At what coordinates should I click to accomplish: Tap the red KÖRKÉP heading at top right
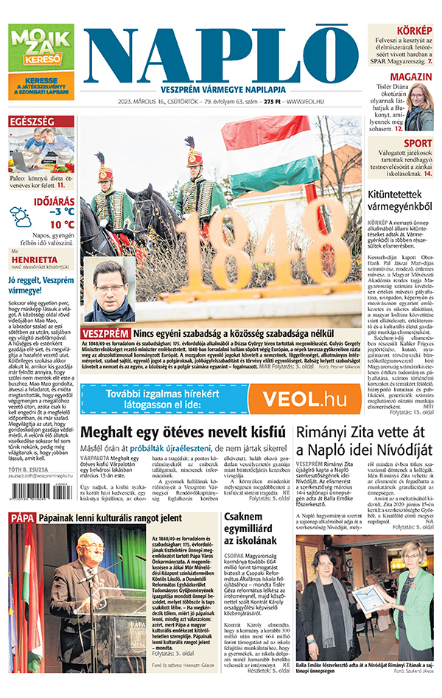[413, 30]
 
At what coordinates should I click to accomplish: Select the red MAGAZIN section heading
[410, 77]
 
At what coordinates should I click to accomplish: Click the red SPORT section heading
[418, 143]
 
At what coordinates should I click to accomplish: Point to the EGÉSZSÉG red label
[30, 121]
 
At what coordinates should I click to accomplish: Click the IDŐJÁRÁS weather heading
[54, 200]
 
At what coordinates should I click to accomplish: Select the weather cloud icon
[21, 217]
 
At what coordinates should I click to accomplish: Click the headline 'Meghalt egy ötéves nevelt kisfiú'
[183, 433]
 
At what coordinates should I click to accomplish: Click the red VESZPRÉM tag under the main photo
[105, 335]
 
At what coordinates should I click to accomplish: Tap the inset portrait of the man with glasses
[109, 290]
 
